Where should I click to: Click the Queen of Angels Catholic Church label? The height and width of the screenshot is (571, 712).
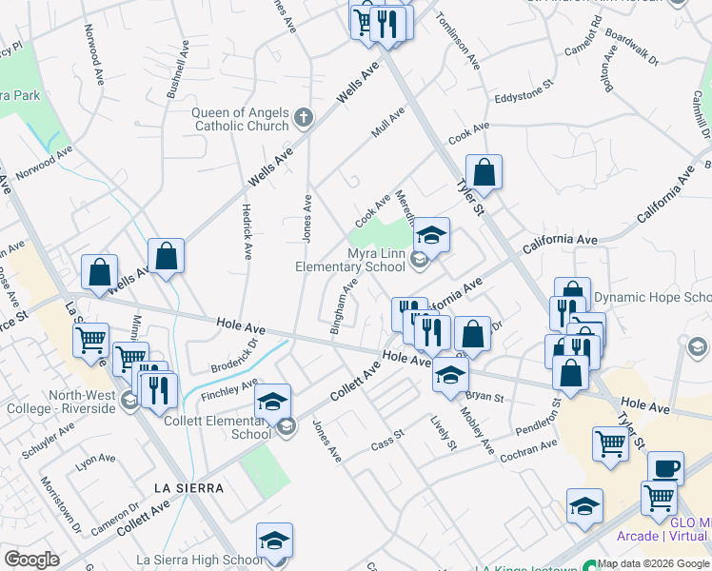tap(240, 119)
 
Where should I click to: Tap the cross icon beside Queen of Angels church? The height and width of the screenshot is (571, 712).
tap(304, 118)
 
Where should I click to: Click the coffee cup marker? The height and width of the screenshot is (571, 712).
tap(665, 468)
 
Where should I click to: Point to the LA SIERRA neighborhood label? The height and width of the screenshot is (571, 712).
tap(188, 488)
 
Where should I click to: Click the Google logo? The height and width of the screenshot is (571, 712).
tap(31, 560)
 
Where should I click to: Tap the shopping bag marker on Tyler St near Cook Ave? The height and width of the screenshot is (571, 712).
tap(484, 173)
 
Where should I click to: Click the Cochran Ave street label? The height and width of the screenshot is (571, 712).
tap(528, 451)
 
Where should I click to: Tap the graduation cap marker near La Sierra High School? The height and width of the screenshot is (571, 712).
tap(274, 540)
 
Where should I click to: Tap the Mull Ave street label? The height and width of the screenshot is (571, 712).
tap(388, 122)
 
